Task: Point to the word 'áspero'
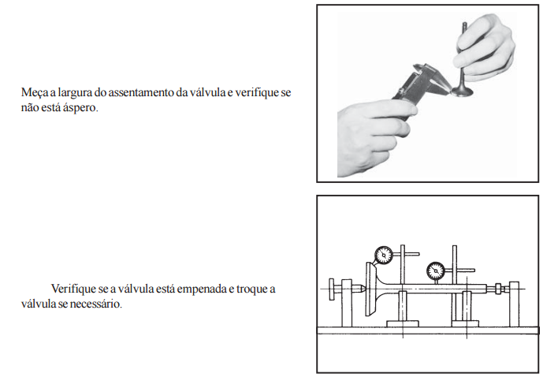80,108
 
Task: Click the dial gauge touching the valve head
384,256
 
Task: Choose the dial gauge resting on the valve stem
435,271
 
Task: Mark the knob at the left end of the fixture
332,289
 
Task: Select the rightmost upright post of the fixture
514,304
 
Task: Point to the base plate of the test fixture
428,331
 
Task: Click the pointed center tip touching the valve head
359,288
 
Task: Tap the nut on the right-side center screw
498,288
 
